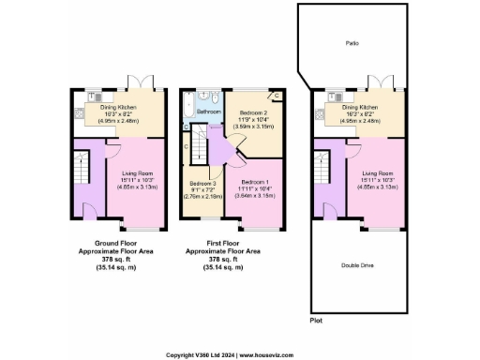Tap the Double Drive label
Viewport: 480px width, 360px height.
[x=361, y=265]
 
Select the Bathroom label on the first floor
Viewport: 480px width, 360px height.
[x=208, y=112]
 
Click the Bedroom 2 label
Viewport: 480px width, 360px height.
[x=250, y=112]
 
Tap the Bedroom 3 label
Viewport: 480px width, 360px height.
[x=203, y=184]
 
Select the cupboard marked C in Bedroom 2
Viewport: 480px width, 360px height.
[x=277, y=96]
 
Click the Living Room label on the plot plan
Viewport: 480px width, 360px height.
[x=377, y=173]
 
